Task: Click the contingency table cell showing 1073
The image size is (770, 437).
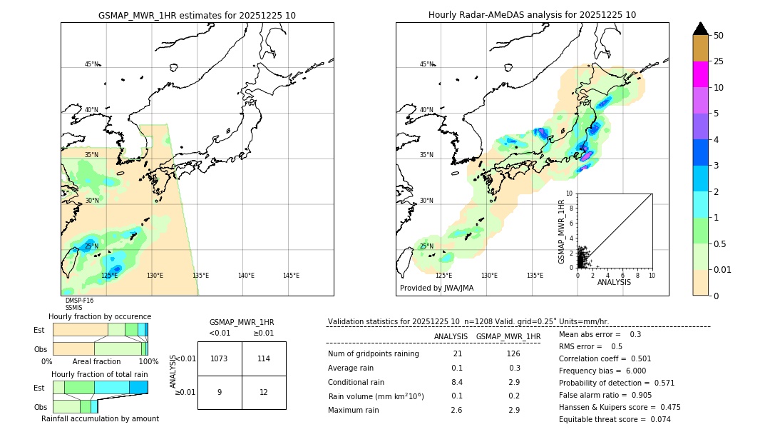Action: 220,358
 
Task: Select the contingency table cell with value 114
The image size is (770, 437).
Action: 264,358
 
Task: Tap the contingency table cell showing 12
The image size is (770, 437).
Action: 264,392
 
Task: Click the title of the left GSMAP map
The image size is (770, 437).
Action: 197,15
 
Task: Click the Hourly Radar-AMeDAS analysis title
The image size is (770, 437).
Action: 532,15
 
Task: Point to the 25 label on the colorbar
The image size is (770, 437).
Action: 719,61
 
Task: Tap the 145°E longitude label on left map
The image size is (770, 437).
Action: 291,276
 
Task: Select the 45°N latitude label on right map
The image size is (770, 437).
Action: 426,64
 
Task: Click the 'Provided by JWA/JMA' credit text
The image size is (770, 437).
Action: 436,288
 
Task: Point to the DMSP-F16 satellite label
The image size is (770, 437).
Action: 79,301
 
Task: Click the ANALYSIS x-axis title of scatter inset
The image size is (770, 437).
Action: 614,282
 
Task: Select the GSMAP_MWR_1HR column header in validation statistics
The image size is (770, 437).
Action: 508,336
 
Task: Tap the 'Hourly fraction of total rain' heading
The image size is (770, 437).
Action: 100,374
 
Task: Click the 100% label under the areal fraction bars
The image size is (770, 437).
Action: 148,362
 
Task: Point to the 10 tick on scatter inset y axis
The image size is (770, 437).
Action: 570,194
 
